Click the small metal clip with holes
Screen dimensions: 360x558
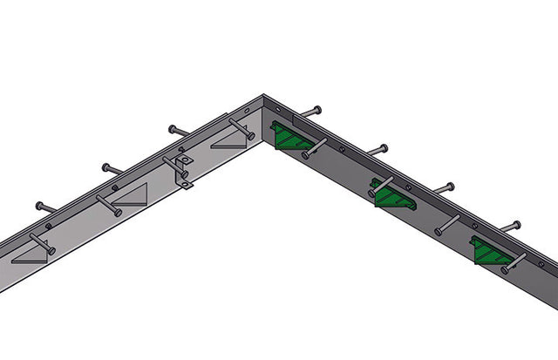point(183,171)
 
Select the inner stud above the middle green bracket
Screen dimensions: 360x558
point(380,186)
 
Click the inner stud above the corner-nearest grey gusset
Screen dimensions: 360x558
point(240,127)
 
